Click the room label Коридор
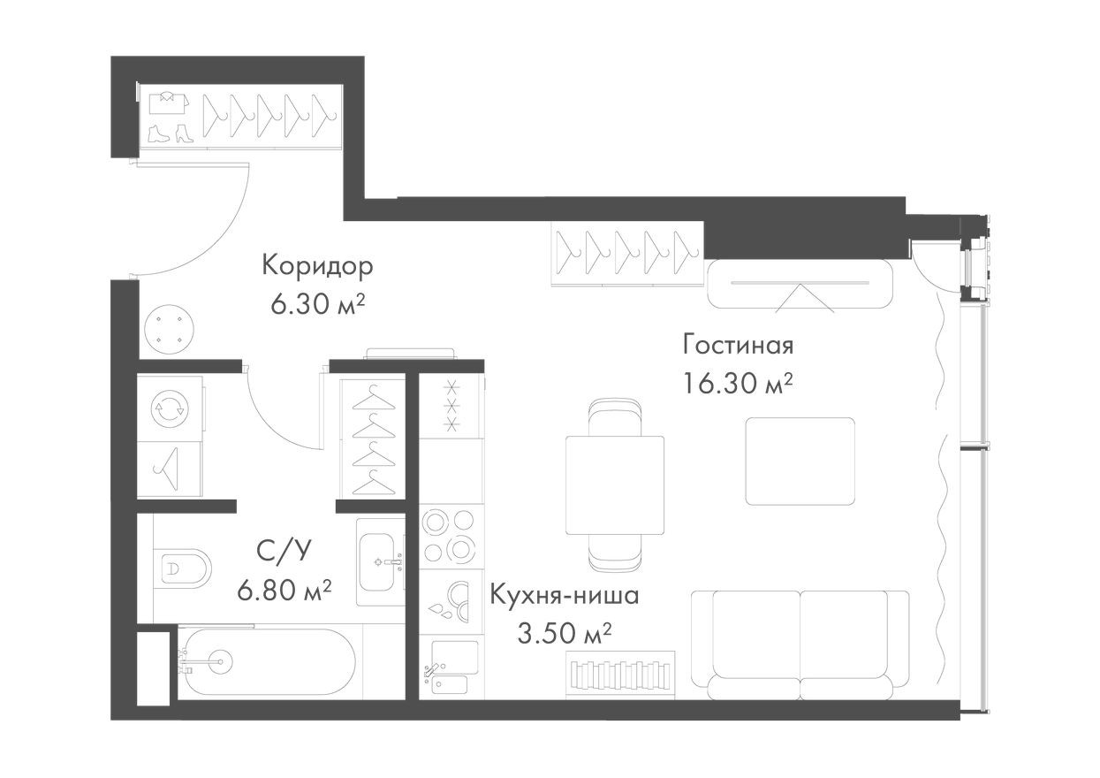coord(317,265)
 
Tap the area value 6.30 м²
coord(318,305)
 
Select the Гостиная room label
coord(738,344)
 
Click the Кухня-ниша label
coord(564,594)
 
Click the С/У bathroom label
coord(284,552)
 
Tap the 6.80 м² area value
coord(284,588)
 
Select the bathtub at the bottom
coord(265,661)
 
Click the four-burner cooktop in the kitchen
coord(449,536)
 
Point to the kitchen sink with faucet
coord(451,667)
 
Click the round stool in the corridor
coord(168,329)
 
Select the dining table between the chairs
coord(615,485)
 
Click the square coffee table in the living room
coord(800,461)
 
